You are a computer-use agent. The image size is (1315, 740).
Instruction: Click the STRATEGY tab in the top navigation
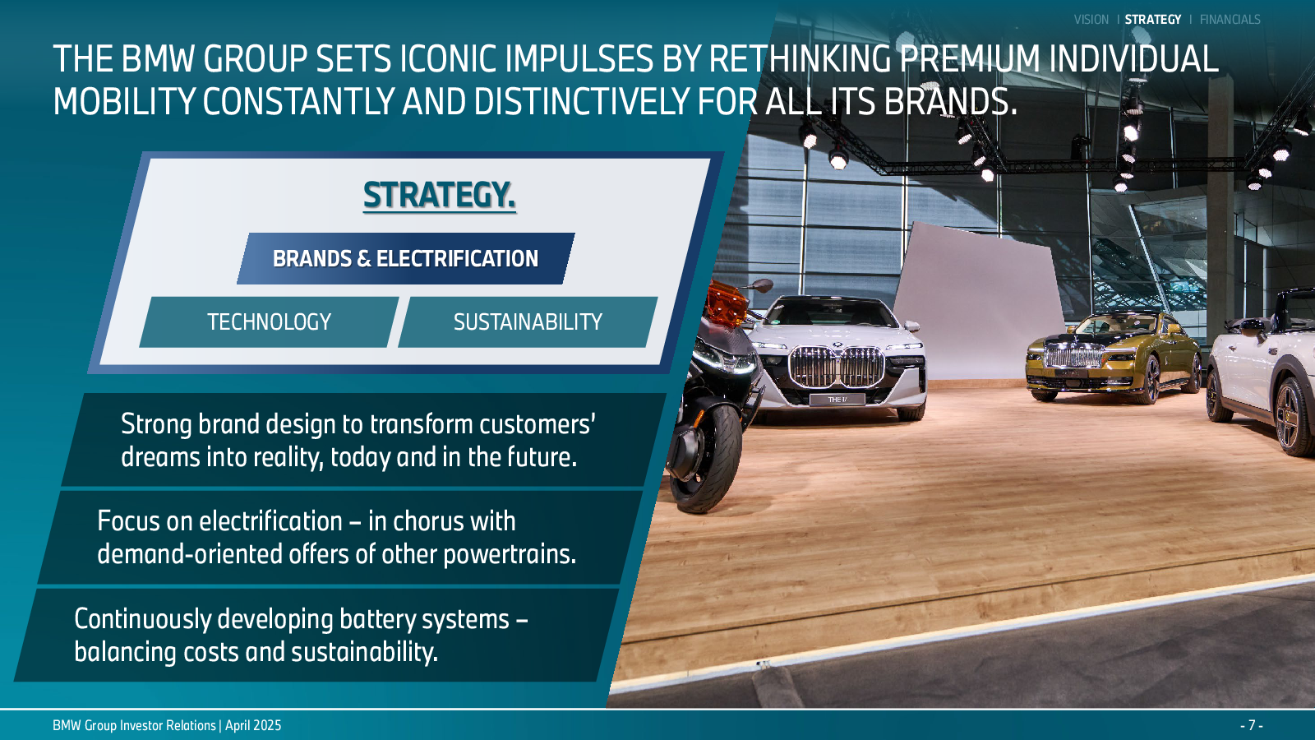1152,20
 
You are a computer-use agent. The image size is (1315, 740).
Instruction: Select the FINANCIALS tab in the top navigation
1230,20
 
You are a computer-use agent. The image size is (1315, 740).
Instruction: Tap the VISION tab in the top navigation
1091,20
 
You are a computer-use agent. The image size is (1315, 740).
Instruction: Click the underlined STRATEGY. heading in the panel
439,195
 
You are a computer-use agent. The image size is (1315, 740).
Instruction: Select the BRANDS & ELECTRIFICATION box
406,258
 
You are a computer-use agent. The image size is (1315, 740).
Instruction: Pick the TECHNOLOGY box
269,321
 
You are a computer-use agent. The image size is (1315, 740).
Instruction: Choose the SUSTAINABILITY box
528,321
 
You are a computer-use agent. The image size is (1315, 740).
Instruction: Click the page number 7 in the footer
1251,725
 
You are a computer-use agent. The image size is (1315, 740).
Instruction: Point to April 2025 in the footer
253,725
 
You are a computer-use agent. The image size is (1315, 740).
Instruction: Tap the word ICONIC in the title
448,58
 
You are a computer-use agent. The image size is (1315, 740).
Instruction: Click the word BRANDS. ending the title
950,101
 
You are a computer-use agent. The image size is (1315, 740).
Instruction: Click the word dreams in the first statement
159,457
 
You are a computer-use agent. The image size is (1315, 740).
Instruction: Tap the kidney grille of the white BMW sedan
837,367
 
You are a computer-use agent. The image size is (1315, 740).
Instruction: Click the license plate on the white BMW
837,400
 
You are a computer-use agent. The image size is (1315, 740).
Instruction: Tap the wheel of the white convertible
1294,417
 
